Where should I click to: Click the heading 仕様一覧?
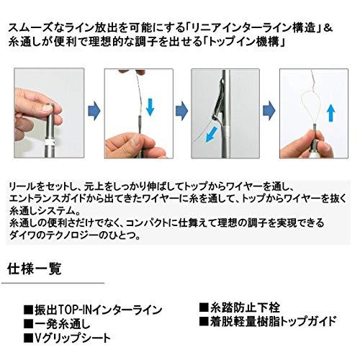(x=35, y=269)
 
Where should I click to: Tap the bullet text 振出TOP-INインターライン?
(x=99, y=310)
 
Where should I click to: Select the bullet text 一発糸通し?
(x=63, y=324)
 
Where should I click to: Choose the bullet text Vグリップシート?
(x=73, y=338)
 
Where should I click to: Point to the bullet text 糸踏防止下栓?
(x=245, y=307)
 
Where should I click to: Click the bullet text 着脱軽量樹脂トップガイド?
(x=273, y=322)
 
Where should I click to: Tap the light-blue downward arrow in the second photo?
(x=150, y=107)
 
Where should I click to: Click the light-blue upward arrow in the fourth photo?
(x=331, y=113)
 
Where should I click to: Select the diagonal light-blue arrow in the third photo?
(x=212, y=135)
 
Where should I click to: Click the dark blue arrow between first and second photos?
(x=94, y=111)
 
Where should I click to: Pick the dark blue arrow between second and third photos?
(x=181, y=111)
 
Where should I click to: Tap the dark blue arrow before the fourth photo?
(x=269, y=111)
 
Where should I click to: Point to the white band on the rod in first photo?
(x=50, y=143)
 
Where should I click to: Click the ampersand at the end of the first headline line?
(x=328, y=28)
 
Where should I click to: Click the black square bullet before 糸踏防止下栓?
(x=204, y=307)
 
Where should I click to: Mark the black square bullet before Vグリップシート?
(x=28, y=338)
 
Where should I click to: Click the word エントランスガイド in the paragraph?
(x=48, y=199)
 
